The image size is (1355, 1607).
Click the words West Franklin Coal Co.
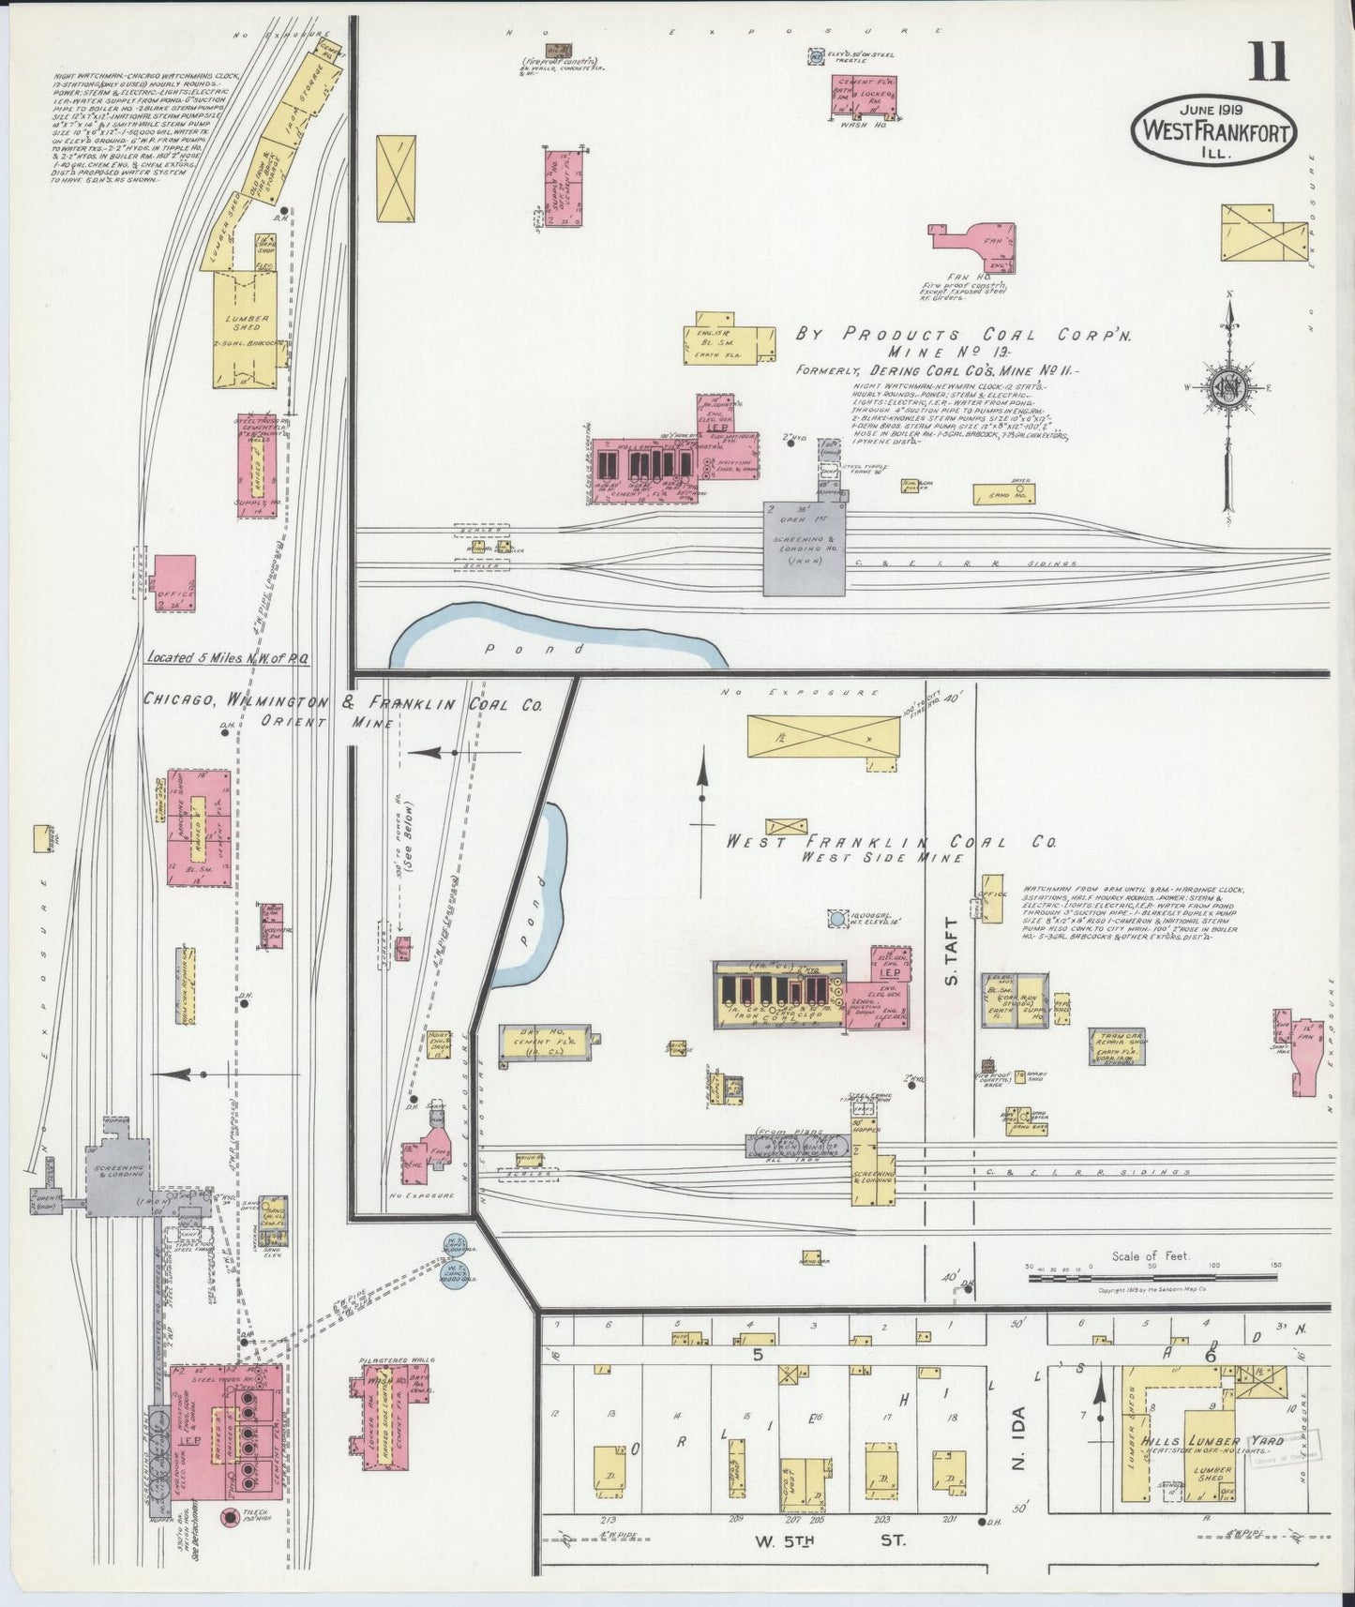point(891,842)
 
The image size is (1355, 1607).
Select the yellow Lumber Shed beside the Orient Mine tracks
point(247,328)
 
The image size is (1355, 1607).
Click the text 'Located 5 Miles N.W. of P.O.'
point(227,658)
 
